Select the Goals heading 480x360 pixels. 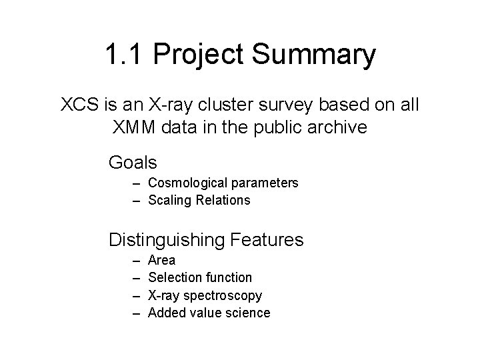point(133,162)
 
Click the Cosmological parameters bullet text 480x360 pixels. point(223,183)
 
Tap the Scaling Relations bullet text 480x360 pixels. point(199,200)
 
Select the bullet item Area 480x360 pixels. point(161,260)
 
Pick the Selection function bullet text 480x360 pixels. point(199,277)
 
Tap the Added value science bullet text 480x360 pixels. point(209,313)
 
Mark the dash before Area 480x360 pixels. point(135,260)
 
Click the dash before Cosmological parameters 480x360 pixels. point(135,183)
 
